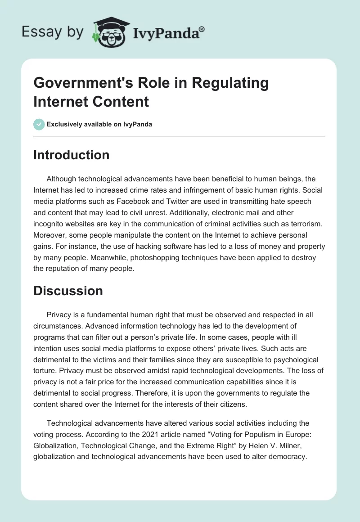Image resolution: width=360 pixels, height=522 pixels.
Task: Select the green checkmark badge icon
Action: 39,124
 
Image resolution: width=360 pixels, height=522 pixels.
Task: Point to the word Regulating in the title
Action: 226,83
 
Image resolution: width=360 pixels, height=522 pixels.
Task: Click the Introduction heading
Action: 71,155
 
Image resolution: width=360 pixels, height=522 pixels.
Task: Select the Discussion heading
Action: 68,291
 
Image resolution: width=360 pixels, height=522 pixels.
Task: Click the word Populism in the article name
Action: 257,435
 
